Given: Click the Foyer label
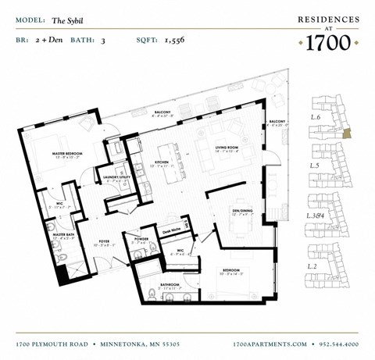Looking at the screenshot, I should pyautogui.click(x=105, y=241).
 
